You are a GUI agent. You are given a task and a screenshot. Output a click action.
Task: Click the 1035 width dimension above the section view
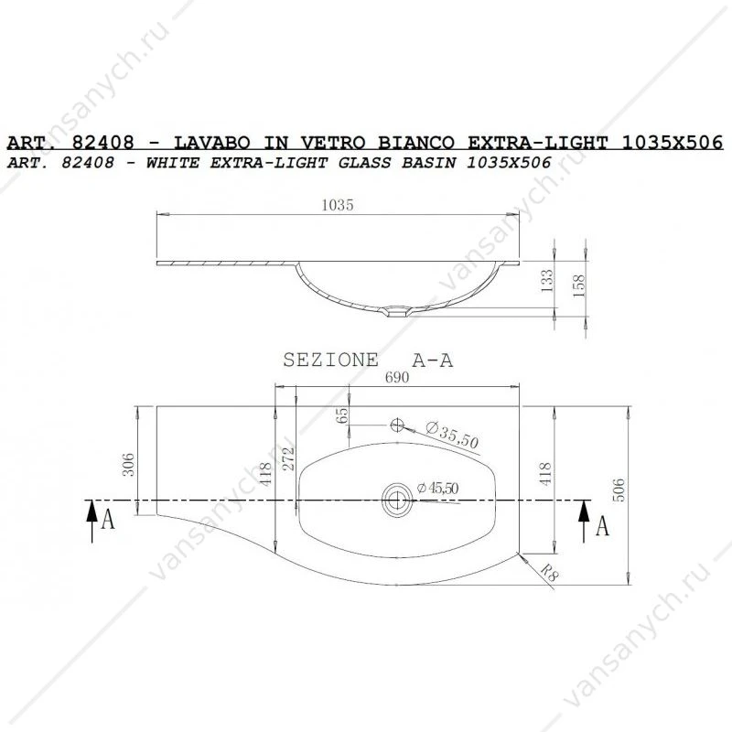pos(338,205)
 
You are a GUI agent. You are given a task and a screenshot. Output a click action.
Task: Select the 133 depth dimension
pos(546,281)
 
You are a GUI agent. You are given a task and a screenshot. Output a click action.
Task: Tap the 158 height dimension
pos(578,285)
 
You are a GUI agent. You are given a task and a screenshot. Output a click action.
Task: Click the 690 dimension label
pos(397,377)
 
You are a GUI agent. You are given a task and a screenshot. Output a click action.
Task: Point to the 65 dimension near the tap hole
pos(342,415)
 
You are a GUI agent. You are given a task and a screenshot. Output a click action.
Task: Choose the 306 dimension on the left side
pos(128,464)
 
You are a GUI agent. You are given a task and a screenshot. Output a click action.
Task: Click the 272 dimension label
pos(288,458)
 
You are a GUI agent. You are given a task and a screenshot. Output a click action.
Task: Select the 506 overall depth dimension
pos(619,490)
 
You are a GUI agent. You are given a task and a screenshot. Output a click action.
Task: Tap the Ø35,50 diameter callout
pos(452,435)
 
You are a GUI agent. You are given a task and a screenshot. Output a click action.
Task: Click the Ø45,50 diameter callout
pos(437,489)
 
